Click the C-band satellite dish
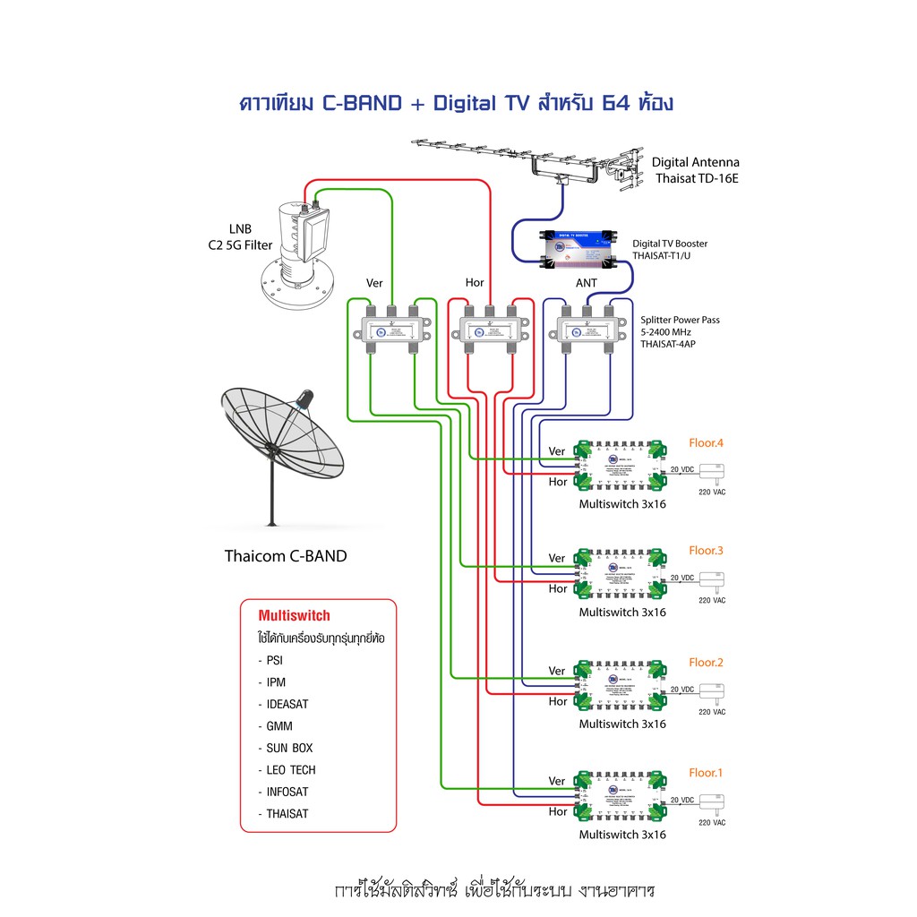(x=283, y=439)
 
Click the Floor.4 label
(x=706, y=442)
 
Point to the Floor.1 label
(x=706, y=772)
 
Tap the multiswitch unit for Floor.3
(x=621, y=573)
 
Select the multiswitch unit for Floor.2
(x=621, y=685)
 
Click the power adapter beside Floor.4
(x=714, y=471)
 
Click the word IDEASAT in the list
(x=287, y=705)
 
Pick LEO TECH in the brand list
(x=291, y=770)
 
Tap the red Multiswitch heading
(x=294, y=616)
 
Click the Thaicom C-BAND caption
(x=285, y=556)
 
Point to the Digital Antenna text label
(x=695, y=162)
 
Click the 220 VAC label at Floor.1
(x=712, y=822)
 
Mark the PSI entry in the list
(x=275, y=661)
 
